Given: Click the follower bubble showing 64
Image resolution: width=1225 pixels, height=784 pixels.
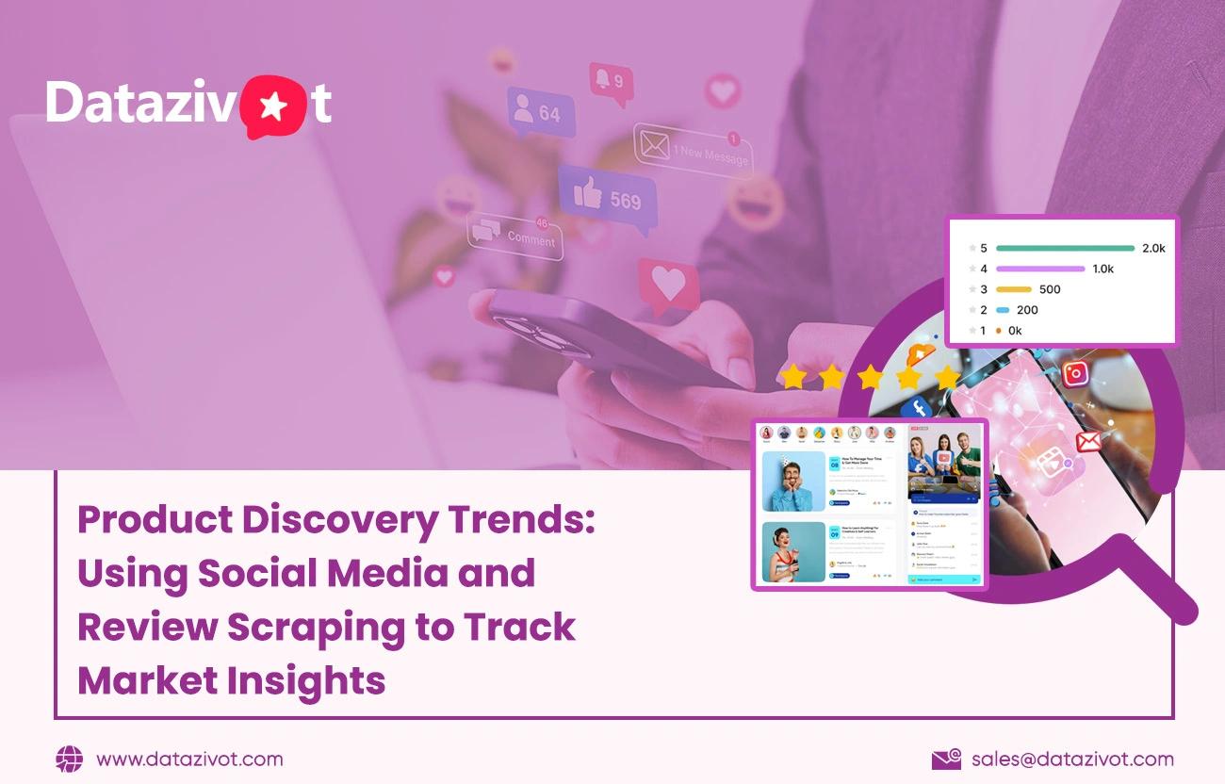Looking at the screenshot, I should click(540, 112).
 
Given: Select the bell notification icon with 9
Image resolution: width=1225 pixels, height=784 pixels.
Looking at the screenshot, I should click(608, 79).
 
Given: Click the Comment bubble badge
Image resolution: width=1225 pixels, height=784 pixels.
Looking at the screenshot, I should click(515, 237).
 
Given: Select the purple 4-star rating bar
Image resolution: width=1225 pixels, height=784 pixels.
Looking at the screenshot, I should click(1039, 269).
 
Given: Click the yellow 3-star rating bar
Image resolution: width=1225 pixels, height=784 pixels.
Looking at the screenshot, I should click(1014, 290).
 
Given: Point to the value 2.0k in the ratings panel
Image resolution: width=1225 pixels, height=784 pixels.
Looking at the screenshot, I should click(1153, 249).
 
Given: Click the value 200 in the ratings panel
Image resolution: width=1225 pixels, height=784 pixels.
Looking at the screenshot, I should click(1027, 310).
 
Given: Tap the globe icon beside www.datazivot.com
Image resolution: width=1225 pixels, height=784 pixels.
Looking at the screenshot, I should click(69, 759).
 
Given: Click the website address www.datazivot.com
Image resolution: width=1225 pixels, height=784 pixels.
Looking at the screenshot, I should click(189, 759).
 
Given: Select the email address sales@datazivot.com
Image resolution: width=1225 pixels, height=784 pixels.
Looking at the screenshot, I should click(1072, 759).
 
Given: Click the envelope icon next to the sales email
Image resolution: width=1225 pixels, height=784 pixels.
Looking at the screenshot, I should click(945, 759).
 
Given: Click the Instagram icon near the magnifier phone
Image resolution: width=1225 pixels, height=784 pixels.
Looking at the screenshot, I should click(1075, 373).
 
